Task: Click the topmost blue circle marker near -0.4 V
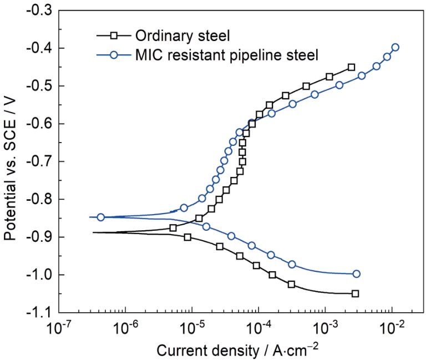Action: (x=395, y=47)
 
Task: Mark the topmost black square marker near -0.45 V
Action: (x=351, y=67)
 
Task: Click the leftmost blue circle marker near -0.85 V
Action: (x=101, y=217)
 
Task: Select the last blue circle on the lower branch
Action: (x=356, y=273)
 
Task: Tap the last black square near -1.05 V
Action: (x=355, y=293)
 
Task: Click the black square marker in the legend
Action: (x=113, y=36)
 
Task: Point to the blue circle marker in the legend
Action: (x=113, y=55)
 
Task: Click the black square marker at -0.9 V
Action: (x=187, y=237)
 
